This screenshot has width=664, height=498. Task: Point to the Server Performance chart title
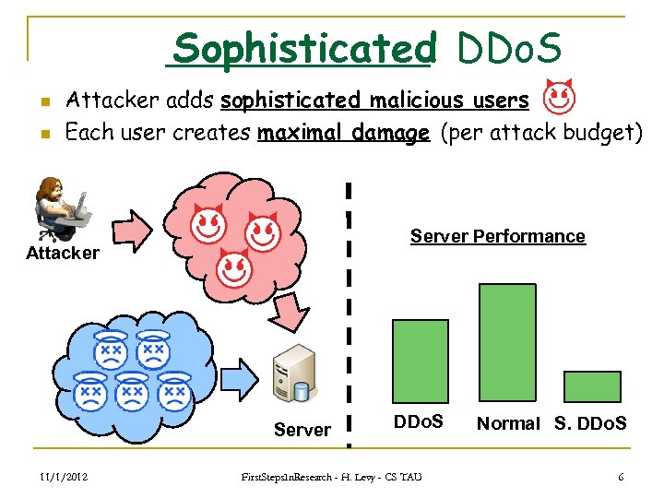tap(497, 236)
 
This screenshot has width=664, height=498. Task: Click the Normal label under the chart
tap(508, 423)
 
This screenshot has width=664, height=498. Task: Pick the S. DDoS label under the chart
tap(591, 423)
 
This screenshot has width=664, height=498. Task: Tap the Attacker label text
tap(63, 253)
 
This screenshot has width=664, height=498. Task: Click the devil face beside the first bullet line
tap(557, 97)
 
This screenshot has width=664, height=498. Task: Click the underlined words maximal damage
tap(343, 133)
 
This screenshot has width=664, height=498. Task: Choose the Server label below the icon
tap(302, 430)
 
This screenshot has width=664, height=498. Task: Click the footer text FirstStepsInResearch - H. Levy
tap(331, 477)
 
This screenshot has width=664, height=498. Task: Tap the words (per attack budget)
tap(541, 133)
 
